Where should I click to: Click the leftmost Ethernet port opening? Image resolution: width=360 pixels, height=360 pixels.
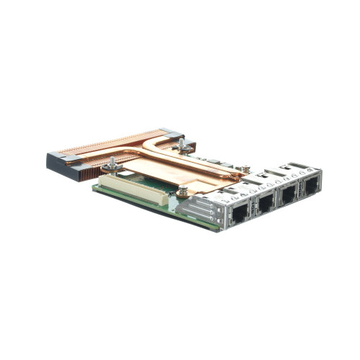[x=238, y=213]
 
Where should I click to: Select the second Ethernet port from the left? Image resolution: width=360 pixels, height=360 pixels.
[x=264, y=204]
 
